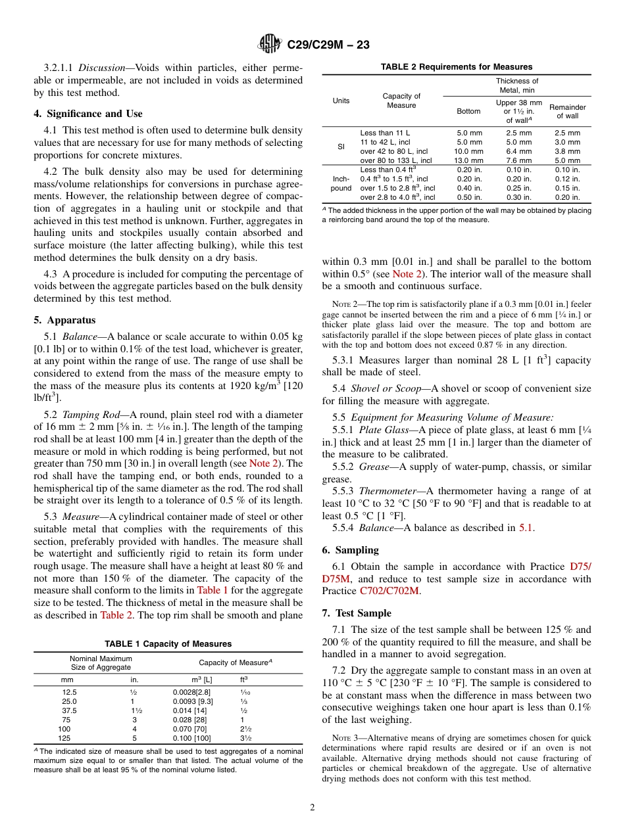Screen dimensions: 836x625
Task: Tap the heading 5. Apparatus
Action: tap(64, 320)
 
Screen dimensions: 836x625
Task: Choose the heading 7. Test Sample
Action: tap(357, 613)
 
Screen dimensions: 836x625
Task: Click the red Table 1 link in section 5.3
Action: tap(213, 590)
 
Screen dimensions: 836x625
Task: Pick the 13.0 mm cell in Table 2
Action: tap(469, 160)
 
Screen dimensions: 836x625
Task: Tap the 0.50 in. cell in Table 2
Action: tap(469, 197)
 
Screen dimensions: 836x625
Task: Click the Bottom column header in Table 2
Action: tap(468, 111)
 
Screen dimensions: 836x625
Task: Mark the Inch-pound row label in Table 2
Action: tap(341, 183)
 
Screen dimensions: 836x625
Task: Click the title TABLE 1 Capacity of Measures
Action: tap(168, 643)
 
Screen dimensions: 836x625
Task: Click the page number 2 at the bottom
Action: tap(312, 807)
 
